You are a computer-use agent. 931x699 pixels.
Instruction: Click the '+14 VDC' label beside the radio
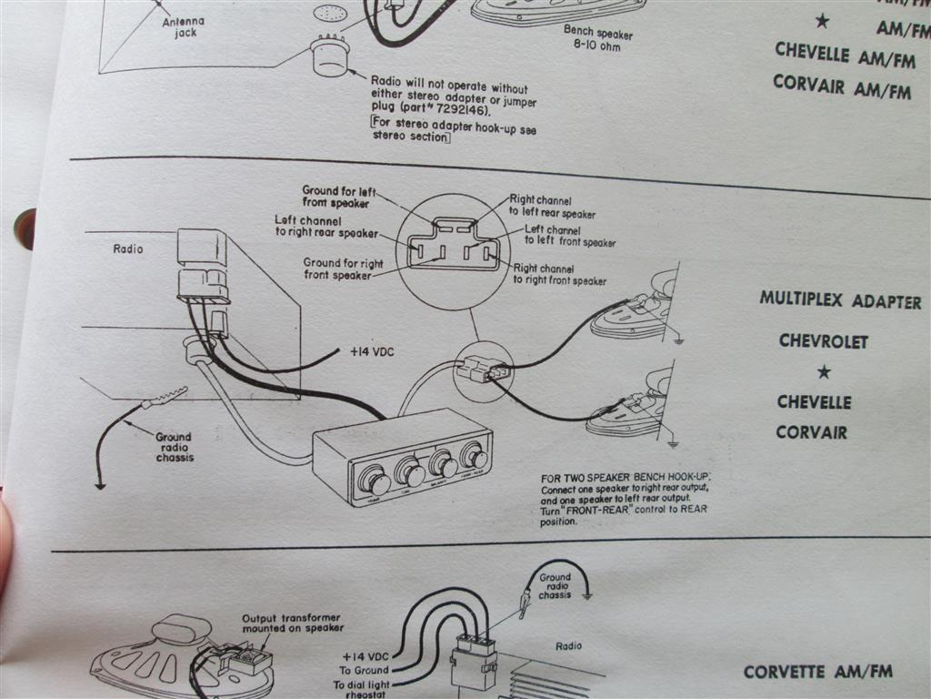point(372,351)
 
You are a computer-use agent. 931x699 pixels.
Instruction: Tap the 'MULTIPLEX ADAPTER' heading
point(839,301)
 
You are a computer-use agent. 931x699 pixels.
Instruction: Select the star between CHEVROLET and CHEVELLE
point(824,371)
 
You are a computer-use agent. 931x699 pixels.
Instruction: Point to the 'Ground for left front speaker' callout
point(337,196)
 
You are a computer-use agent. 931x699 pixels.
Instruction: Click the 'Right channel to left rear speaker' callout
point(552,207)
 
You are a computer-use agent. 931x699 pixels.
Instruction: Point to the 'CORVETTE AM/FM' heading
point(817,673)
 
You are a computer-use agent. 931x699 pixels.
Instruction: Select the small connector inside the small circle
point(481,369)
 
